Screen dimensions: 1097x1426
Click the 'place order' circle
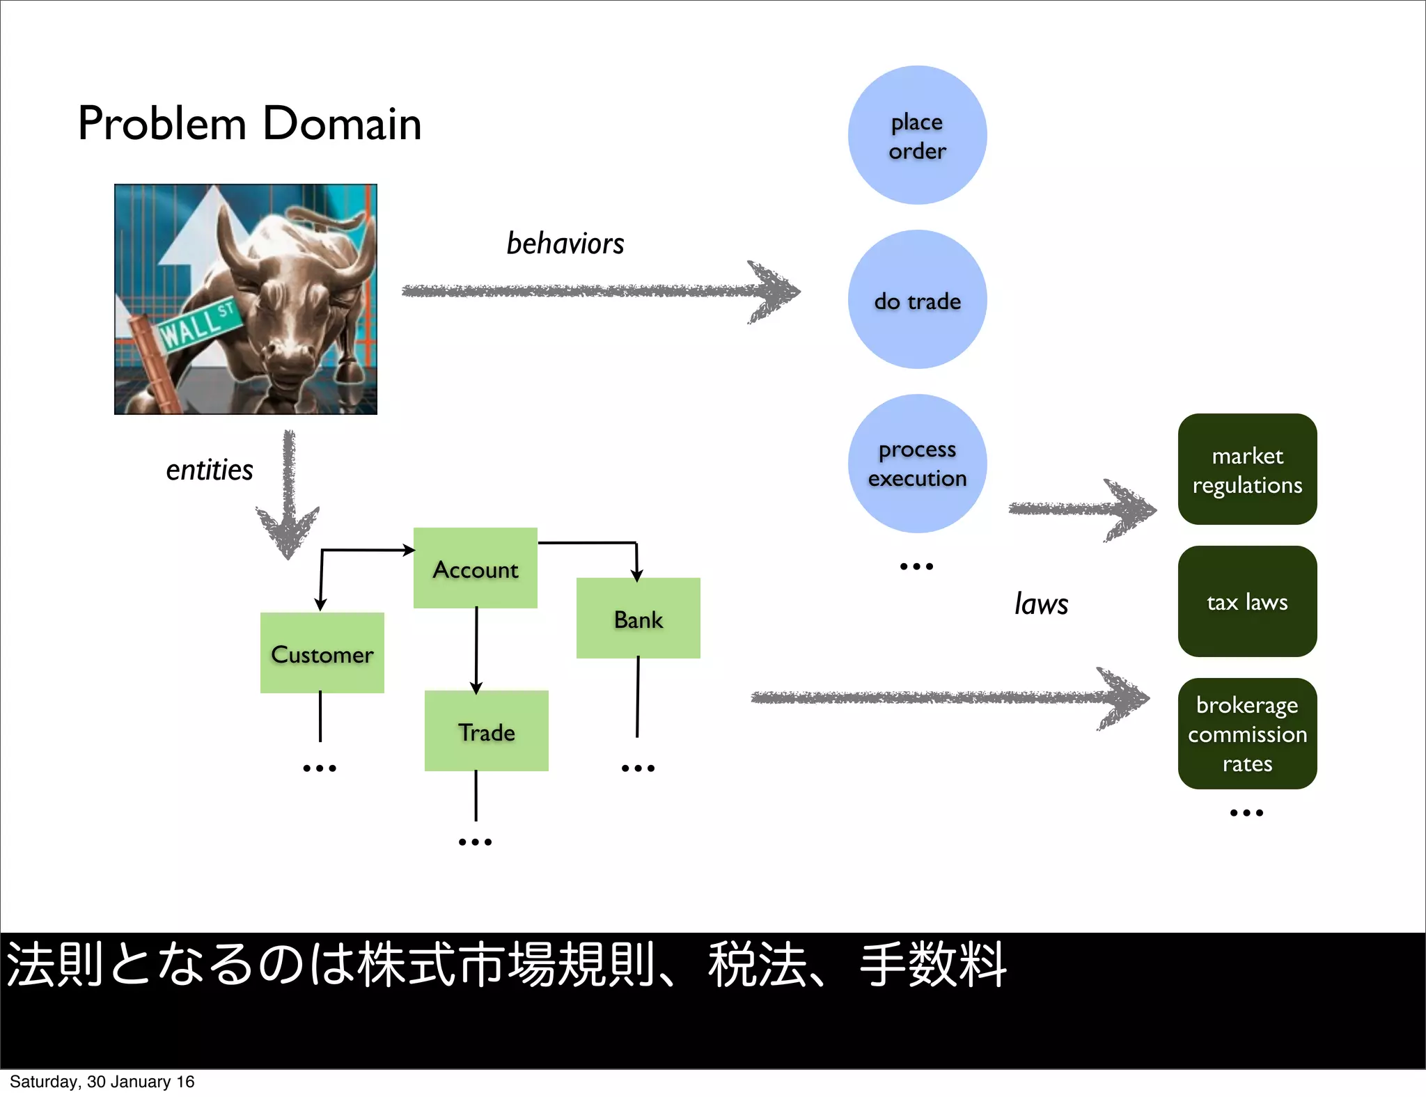[x=917, y=135]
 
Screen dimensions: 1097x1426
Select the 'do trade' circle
[x=917, y=299]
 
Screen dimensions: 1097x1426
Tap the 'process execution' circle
[x=917, y=464]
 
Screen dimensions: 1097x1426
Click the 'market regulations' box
[x=1247, y=469]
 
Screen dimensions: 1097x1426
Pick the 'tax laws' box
[x=1247, y=601]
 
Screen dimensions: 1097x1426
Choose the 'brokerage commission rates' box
[x=1247, y=734]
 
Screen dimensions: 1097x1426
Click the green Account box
[x=476, y=568]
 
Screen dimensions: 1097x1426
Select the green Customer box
[x=322, y=653]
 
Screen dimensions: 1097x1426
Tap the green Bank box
[x=638, y=618]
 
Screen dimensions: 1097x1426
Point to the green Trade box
[x=486, y=731]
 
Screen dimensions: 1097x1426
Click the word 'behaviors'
[x=565, y=244]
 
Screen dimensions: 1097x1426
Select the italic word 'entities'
[x=209, y=471]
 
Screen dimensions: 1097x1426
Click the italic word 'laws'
[x=1041, y=604]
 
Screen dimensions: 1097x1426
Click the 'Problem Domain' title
[x=249, y=124]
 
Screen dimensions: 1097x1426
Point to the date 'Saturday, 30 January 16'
[x=102, y=1082]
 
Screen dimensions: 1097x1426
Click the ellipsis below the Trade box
[x=475, y=842]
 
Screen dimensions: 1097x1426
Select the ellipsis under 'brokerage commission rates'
[x=1246, y=813]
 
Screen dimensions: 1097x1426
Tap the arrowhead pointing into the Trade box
[x=476, y=688]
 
